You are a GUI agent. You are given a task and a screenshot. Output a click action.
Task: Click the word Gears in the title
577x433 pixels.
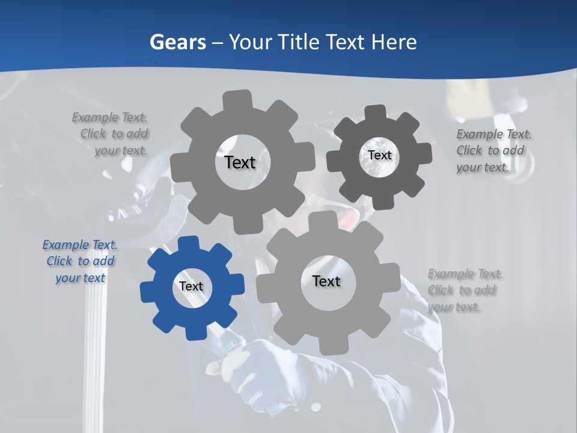tap(177, 42)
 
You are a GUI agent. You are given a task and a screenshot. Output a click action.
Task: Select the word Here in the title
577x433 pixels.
tap(394, 42)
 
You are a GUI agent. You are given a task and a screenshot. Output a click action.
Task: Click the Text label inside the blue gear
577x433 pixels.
tap(191, 287)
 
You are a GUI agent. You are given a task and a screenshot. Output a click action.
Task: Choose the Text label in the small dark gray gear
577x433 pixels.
tap(380, 155)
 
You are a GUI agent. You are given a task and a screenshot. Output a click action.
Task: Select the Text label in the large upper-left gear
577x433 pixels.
tap(240, 162)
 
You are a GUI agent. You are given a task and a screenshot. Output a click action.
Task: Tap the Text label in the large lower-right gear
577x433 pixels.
tap(326, 281)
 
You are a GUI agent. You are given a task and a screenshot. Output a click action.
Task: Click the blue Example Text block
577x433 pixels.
tap(80, 262)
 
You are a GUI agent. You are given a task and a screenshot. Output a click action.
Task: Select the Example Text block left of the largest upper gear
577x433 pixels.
tap(111, 134)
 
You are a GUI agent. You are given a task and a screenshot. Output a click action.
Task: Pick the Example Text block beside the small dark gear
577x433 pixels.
tap(493, 151)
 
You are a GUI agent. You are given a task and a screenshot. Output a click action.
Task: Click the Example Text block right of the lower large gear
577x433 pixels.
tap(465, 290)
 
